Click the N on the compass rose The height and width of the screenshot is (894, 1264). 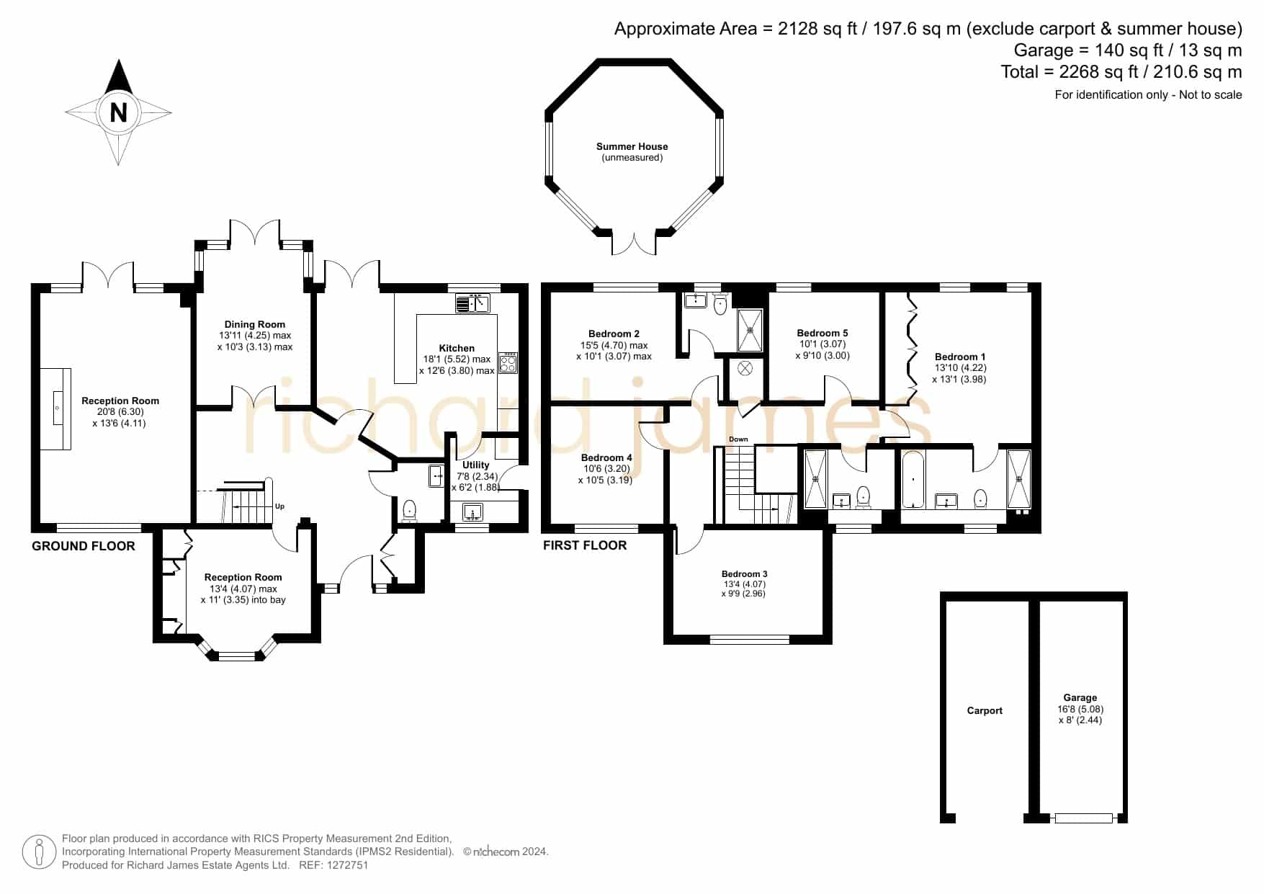[118, 112]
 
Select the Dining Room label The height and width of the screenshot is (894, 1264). [255, 324]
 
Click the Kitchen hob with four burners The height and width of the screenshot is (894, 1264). [508, 362]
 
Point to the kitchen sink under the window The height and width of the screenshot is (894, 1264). [472, 303]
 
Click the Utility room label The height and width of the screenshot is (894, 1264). [475, 465]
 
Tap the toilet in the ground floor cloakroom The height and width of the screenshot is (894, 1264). [410, 509]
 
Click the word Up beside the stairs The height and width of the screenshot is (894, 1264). [279, 506]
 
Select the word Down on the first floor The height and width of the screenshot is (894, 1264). [738, 439]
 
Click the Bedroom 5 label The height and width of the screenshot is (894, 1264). [823, 333]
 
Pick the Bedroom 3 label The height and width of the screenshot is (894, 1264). [744, 574]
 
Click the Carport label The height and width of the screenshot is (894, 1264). [985, 710]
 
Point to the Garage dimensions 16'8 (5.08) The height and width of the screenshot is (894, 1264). [1080, 709]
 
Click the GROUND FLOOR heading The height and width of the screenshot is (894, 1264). [84, 546]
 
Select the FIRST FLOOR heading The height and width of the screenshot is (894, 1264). [585, 545]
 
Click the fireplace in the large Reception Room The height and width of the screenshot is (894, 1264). [55, 408]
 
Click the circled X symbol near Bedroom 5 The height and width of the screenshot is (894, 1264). [745, 369]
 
